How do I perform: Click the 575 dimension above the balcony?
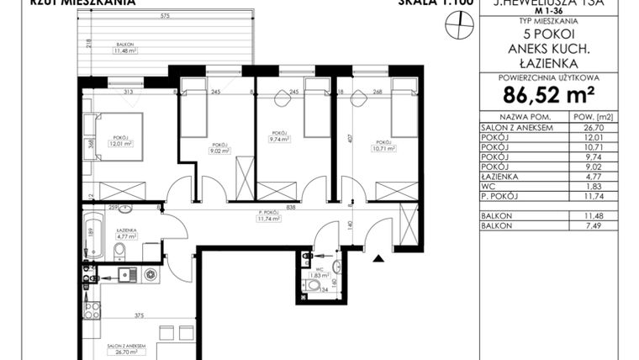(x=166, y=17)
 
